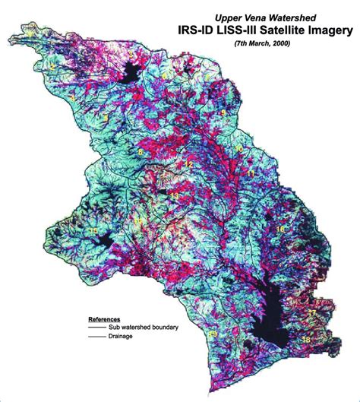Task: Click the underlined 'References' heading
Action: [x=106, y=318]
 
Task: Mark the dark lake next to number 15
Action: [x=107, y=244]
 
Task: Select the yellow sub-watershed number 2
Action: [x=52, y=67]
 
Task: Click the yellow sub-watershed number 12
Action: [x=188, y=164]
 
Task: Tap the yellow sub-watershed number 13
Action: [x=173, y=195]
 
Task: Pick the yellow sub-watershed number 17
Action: [x=312, y=312]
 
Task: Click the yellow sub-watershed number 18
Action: [x=305, y=340]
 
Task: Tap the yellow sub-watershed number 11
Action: [x=251, y=174]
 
